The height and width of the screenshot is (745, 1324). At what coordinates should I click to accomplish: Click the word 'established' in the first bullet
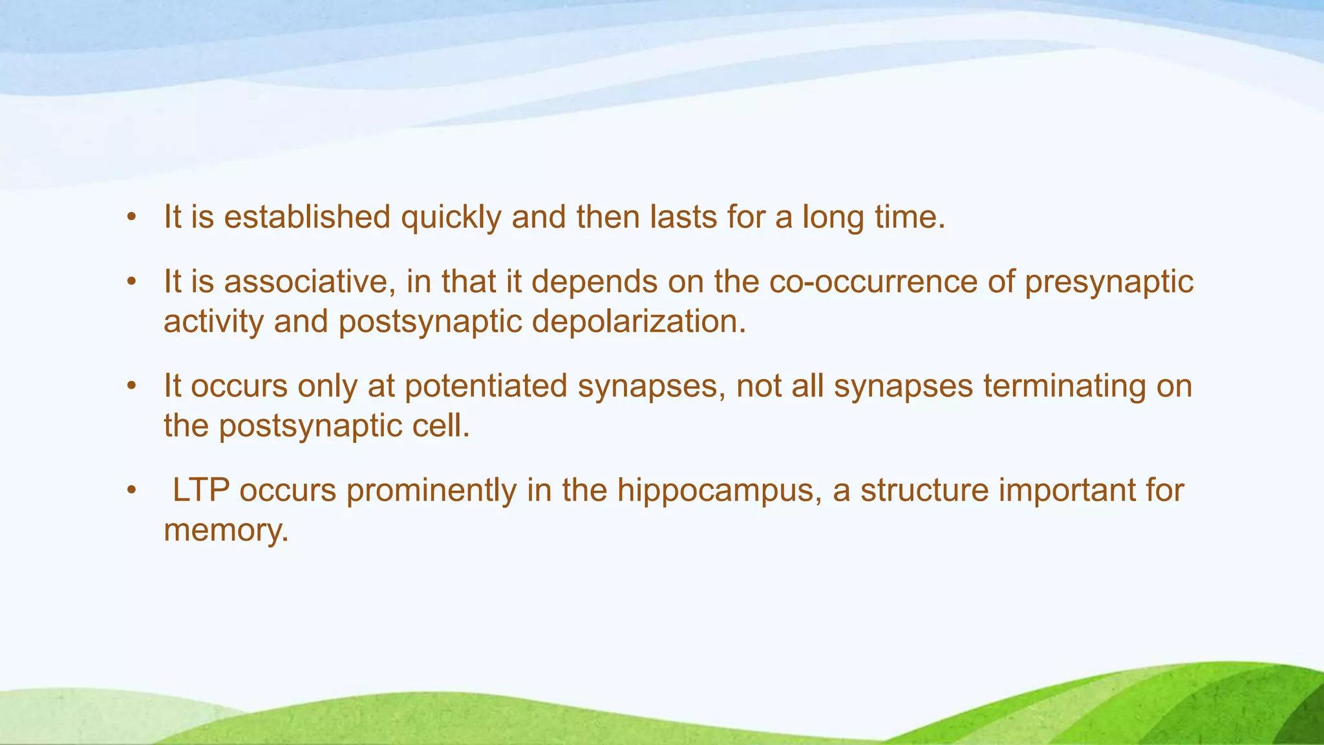click(x=307, y=217)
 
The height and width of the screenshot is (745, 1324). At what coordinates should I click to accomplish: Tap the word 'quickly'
click(x=451, y=218)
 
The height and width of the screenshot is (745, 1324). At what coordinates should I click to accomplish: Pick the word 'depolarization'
click(x=639, y=322)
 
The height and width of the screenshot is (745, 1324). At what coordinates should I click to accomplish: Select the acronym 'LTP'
click(x=200, y=490)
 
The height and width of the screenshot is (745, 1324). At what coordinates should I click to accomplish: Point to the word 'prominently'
click(x=431, y=491)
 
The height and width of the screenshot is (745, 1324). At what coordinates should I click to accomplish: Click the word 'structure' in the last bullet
click(x=924, y=490)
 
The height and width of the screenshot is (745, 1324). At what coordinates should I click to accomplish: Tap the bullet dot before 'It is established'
click(x=132, y=217)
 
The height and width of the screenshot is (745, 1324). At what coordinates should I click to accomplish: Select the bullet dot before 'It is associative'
click(x=132, y=283)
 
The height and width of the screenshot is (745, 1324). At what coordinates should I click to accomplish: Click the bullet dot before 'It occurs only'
click(x=132, y=387)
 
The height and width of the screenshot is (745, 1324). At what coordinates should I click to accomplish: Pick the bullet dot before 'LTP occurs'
click(x=132, y=491)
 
